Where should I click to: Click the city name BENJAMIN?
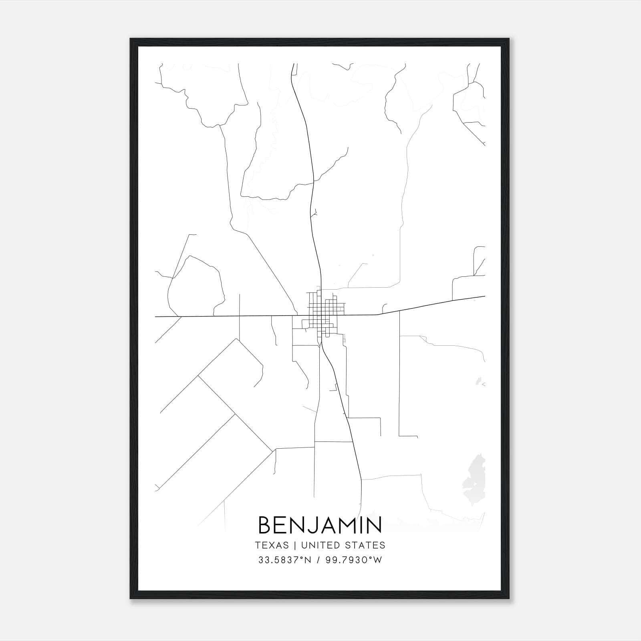(x=320, y=525)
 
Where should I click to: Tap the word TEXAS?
(x=272, y=545)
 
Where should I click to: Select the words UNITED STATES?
(x=343, y=545)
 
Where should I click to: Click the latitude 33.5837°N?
(x=285, y=560)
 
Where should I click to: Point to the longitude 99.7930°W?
(x=353, y=560)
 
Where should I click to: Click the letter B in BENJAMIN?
(x=266, y=525)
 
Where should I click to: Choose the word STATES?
(x=370, y=545)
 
